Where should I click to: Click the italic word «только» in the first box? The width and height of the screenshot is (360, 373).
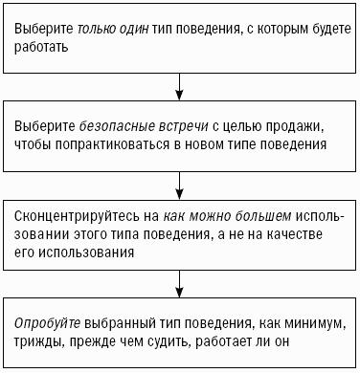pyautogui.click(x=97, y=29)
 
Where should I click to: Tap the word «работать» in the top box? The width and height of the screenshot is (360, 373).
pyautogui.click(x=41, y=47)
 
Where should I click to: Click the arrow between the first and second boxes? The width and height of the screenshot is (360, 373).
pyautogui.click(x=180, y=87)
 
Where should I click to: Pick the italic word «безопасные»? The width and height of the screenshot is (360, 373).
pyautogui.click(x=116, y=126)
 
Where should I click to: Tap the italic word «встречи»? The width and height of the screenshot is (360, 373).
pyautogui.click(x=183, y=126)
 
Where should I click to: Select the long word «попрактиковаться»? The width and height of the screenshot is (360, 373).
pyautogui.click(x=113, y=144)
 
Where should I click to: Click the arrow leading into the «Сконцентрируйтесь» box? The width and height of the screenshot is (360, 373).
pyautogui.click(x=180, y=186)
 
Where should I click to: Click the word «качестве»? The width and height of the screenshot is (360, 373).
pyautogui.click(x=294, y=234)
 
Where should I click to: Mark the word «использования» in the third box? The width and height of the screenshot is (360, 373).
pyautogui.click(x=86, y=252)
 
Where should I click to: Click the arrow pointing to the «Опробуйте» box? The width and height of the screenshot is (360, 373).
pyautogui.click(x=180, y=284)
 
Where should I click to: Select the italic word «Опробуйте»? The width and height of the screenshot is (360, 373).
pyautogui.click(x=47, y=324)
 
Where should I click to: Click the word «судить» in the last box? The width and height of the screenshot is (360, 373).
pyautogui.click(x=169, y=342)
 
